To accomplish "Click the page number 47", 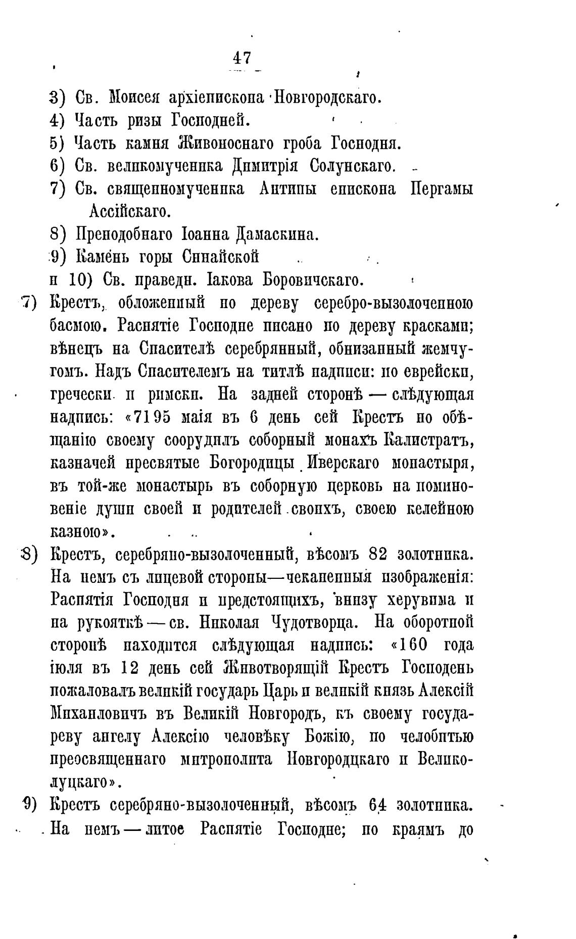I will coord(242,58).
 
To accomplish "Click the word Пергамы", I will coord(441,189).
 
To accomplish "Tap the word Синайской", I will coord(220,257).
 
